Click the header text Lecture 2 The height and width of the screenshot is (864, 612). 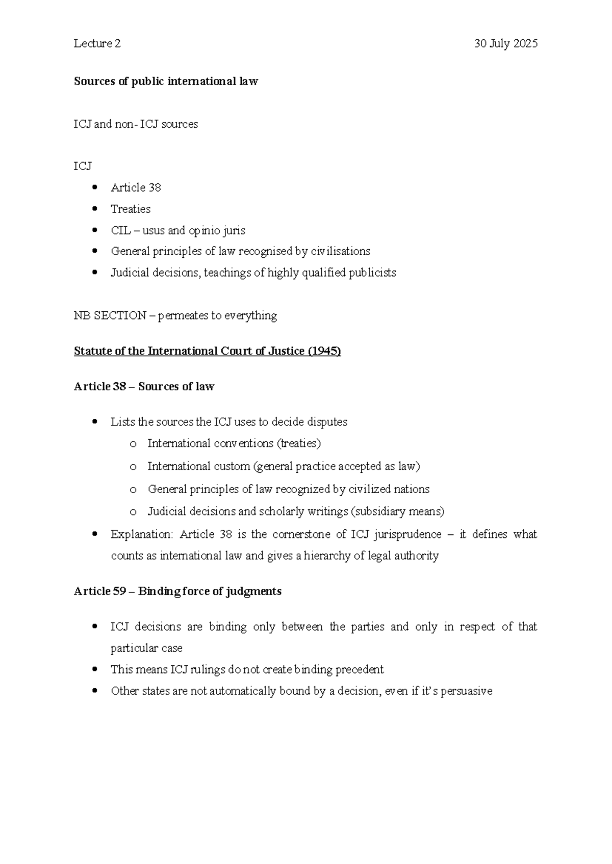97,44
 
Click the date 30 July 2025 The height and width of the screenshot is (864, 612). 505,44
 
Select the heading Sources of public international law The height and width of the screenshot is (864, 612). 166,82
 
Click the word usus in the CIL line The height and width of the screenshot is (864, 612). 153,231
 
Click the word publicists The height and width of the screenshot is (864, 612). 372,273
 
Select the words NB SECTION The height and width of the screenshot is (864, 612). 110,316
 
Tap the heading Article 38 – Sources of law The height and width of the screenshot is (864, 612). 144,387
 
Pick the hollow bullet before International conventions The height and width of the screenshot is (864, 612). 133,444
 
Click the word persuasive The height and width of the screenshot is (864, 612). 466,691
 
